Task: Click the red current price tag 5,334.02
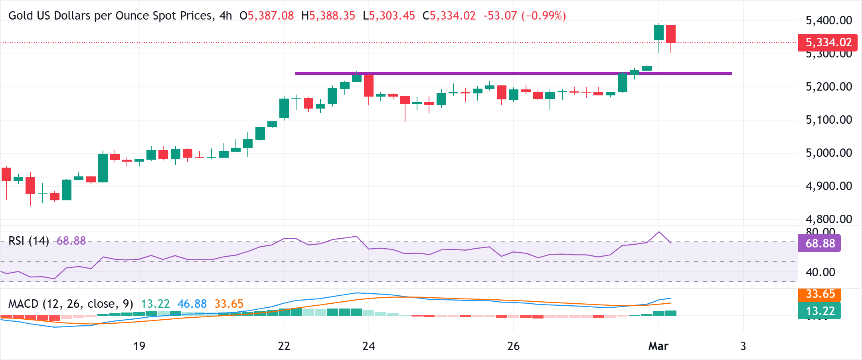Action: [827, 42]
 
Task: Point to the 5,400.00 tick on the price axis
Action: [828, 20]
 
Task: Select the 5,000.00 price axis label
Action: [828, 153]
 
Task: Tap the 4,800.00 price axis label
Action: [828, 219]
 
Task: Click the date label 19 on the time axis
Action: [139, 346]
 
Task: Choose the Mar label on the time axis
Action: [658, 346]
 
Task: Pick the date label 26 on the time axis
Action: [513, 346]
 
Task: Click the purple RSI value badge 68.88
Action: [819, 243]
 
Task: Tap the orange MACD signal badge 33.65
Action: [819, 294]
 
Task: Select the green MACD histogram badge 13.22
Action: [819, 311]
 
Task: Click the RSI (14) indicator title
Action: [29, 241]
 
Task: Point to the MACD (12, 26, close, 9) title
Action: [71, 304]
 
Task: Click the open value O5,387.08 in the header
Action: [267, 16]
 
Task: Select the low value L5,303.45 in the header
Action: [389, 16]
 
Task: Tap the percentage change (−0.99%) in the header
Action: [544, 16]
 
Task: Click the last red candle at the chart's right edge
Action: [671, 34]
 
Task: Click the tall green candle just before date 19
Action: [103, 168]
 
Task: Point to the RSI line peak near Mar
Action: [659, 232]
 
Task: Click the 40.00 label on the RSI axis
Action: [820, 272]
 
